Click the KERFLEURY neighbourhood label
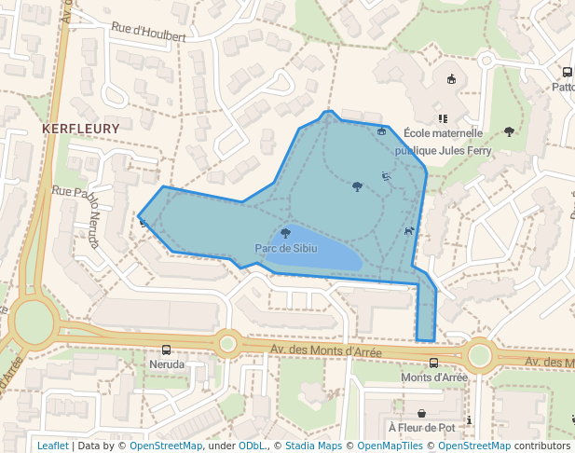pyautogui.click(x=81, y=128)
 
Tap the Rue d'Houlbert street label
pyautogui.click(x=148, y=33)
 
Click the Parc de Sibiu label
pyautogui.click(x=286, y=249)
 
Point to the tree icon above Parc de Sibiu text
pyautogui.click(x=285, y=233)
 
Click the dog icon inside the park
pyautogui.click(x=408, y=230)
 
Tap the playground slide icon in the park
pyautogui.click(x=386, y=175)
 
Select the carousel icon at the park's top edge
pyautogui.click(x=381, y=131)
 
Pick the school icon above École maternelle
pyautogui.click(x=443, y=118)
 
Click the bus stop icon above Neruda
pyautogui.click(x=166, y=350)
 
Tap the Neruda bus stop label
pyautogui.click(x=166, y=364)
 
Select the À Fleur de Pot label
pyautogui.click(x=421, y=428)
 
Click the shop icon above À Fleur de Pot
pyautogui.click(x=421, y=413)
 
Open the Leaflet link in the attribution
pyautogui.click(x=52, y=446)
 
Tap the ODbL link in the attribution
pyautogui.click(x=252, y=446)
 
